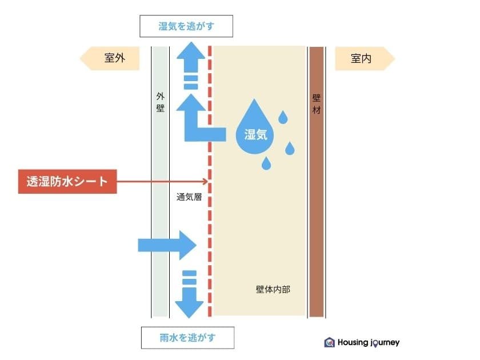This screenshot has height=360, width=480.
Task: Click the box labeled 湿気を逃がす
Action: click(x=186, y=26)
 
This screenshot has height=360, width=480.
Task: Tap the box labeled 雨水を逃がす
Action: click(x=187, y=338)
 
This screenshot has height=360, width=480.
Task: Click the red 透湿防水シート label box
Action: click(x=67, y=182)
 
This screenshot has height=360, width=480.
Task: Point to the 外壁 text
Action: click(x=161, y=102)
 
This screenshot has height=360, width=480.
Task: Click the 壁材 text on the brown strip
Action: click(x=316, y=104)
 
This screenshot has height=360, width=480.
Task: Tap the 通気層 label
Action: click(x=189, y=197)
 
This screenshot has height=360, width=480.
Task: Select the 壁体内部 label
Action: click(x=273, y=289)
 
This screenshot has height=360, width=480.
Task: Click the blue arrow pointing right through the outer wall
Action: click(x=167, y=245)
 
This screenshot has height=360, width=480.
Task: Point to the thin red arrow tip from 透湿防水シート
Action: click(x=207, y=182)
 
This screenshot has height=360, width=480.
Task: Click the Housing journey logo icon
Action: click(x=329, y=342)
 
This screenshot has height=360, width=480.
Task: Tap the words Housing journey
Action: click(x=369, y=342)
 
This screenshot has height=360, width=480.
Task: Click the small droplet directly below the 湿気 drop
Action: click(x=266, y=163)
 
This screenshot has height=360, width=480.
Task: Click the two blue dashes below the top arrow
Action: click(x=191, y=82)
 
